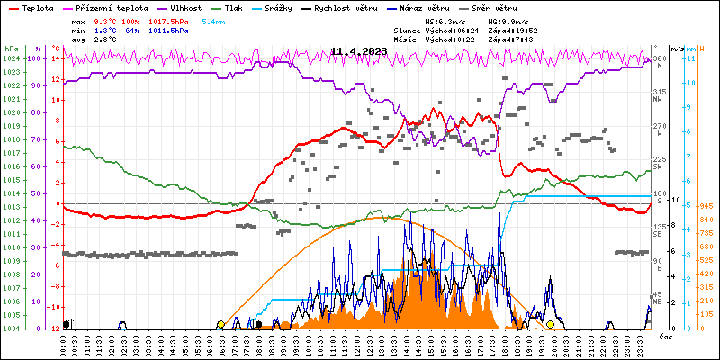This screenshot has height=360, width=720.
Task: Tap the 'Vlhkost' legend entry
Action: click(185, 6)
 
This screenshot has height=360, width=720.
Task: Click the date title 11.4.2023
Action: click(358, 51)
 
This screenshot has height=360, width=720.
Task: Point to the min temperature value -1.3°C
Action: click(104, 30)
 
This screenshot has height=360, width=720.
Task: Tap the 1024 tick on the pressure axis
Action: click(11, 58)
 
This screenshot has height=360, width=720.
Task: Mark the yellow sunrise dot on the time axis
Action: click(220, 324)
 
